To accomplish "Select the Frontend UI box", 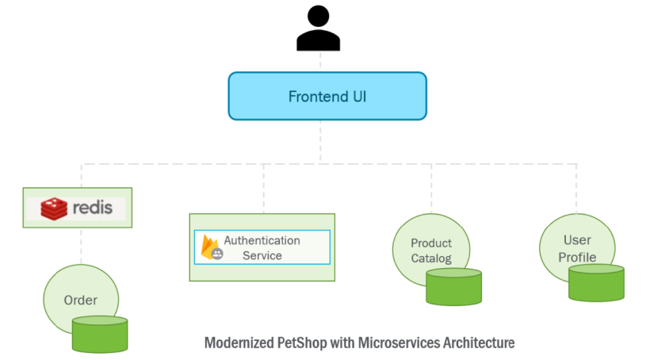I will coord(327,97).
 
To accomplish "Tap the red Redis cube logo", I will coord(53,208).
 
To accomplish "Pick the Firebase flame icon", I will coord(211,247).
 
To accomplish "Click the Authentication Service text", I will coord(262,247).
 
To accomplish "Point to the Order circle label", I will coord(81,300).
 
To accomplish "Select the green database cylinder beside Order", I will coord(100,334).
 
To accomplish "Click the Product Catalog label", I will coord(431,251).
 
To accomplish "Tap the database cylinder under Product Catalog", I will coord(453,286).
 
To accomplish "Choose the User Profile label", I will coord(577,248).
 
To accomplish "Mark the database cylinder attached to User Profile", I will coord(596,282).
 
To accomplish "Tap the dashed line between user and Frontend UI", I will coord(321,62).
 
